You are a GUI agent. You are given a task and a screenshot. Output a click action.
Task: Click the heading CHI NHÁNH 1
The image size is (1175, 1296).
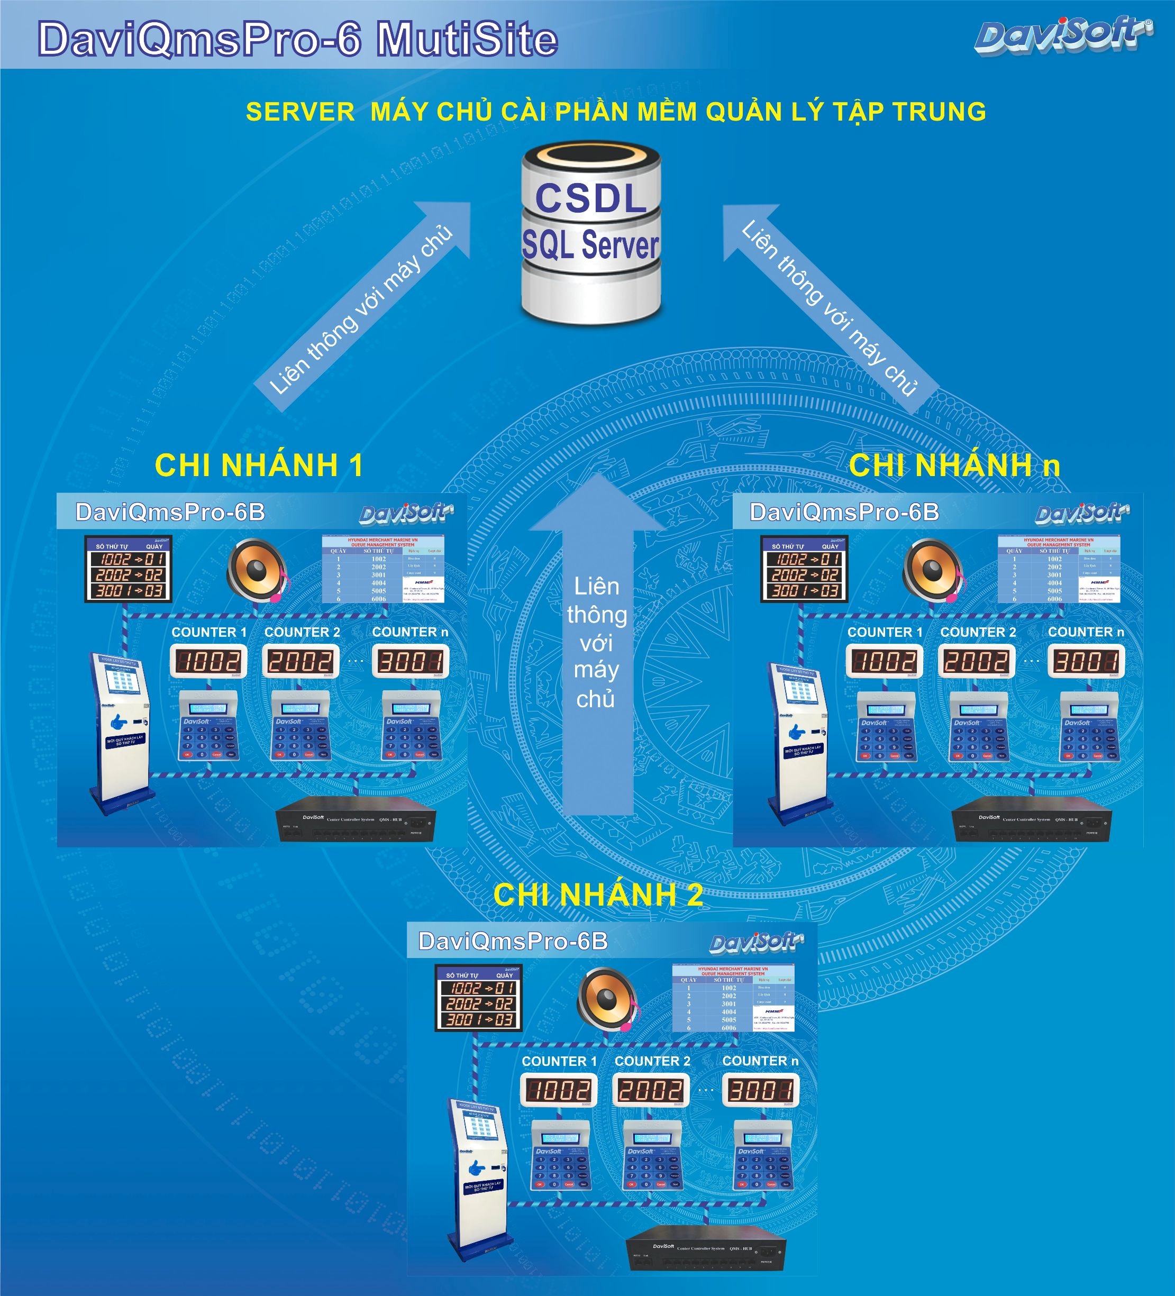259,465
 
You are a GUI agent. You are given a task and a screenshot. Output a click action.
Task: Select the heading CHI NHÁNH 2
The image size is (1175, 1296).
598,894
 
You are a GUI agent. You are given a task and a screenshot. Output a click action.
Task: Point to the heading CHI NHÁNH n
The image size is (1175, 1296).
954,465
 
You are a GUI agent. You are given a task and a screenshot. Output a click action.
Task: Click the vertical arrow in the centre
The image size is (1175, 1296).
597,643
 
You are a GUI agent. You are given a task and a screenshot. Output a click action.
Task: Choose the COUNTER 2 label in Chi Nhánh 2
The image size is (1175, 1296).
652,1061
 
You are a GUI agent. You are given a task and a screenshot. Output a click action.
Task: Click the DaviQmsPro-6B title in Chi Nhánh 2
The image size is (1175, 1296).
513,941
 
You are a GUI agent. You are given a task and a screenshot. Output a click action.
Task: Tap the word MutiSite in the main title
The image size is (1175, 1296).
467,39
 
